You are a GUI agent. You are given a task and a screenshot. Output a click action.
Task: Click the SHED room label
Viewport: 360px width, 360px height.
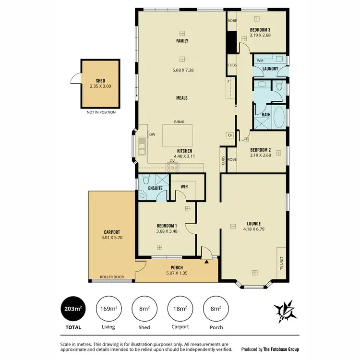coord(100,81)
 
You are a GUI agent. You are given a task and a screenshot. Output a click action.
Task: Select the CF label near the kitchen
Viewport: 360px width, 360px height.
coord(230,135)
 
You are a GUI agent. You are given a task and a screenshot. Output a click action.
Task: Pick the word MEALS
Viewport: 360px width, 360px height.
coord(181,98)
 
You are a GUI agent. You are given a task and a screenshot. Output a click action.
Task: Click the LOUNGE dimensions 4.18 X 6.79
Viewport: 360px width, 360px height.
coord(254,229)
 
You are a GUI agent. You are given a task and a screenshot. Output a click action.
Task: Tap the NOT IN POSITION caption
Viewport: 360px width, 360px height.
coord(100,112)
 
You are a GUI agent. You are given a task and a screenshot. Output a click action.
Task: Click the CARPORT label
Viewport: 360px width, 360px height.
coord(112,232)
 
